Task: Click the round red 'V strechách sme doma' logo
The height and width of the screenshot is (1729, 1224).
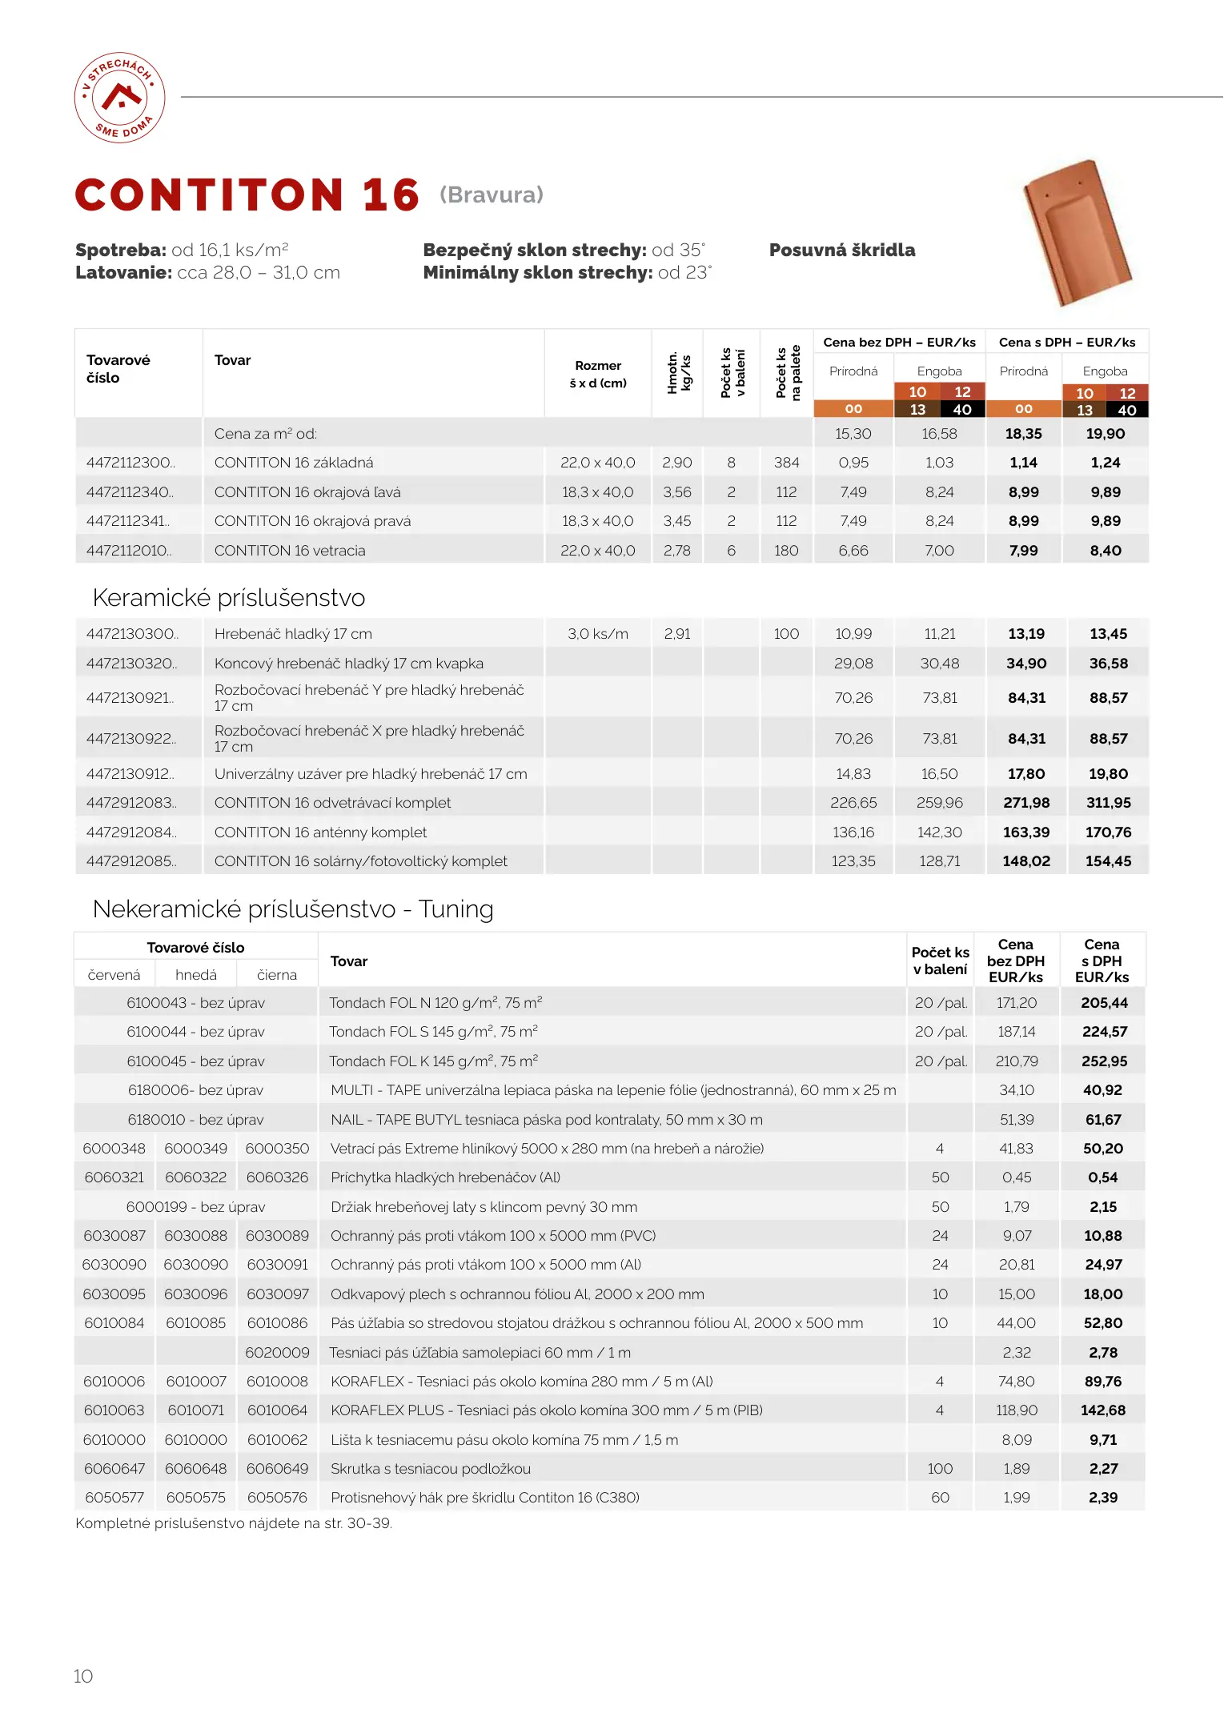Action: [120, 98]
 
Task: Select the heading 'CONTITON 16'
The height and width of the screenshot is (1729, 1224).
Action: [247, 195]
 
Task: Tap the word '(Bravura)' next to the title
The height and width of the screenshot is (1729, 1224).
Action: [492, 195]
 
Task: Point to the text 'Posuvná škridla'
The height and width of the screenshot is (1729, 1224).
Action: [841, 250]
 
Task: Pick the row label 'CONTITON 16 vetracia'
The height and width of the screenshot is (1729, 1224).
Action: [290, 551]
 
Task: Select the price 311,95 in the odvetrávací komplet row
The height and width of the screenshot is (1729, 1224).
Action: [1108, 803]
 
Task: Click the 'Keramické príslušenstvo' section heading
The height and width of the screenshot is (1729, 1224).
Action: [229, 598]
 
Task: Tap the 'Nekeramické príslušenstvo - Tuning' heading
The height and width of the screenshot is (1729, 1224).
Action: [293, 909]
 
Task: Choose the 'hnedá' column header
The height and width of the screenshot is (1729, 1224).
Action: [196, 975]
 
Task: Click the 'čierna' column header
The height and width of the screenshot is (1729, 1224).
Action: [277, 975]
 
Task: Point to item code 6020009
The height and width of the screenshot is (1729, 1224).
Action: [277, 1353]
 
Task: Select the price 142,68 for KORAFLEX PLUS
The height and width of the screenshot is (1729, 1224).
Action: [1102, 1410]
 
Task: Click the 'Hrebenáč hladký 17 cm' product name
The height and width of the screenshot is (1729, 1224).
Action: [293, 634]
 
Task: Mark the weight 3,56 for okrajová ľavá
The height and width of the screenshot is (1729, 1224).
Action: [677, 492]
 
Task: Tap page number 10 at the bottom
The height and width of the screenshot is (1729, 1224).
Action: [83, 1676]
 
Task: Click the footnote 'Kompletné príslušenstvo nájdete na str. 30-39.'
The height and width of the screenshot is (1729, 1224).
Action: [234, 1523]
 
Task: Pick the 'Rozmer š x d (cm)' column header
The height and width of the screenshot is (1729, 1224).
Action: [598, 374]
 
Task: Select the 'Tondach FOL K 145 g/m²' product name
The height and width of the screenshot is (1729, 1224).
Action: [433, 1061]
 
